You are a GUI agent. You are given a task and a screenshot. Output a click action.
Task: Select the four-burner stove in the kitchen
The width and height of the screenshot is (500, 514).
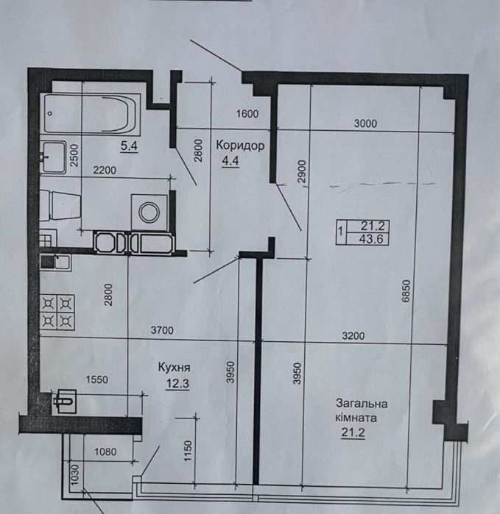point(58,311)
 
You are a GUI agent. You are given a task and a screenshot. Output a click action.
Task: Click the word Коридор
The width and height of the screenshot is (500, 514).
point(240,146)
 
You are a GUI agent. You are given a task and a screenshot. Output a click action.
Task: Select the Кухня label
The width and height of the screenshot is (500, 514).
point(175,365)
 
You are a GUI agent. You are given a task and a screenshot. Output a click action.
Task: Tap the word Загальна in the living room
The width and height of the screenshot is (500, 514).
point(362,403)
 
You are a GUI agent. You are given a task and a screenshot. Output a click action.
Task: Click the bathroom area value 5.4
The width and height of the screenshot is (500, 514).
point(129,146)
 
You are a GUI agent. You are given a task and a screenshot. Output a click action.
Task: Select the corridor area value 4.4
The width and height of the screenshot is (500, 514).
point(230,162)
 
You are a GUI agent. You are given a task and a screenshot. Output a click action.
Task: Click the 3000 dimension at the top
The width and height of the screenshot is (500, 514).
point(365,124)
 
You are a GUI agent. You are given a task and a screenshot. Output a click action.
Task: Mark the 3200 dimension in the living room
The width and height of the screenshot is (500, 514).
point(353,336)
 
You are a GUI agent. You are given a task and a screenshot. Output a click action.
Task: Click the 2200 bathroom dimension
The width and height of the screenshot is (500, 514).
point(103,171)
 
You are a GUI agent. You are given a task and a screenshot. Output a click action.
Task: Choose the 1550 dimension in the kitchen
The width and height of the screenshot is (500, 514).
point(96,380)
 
